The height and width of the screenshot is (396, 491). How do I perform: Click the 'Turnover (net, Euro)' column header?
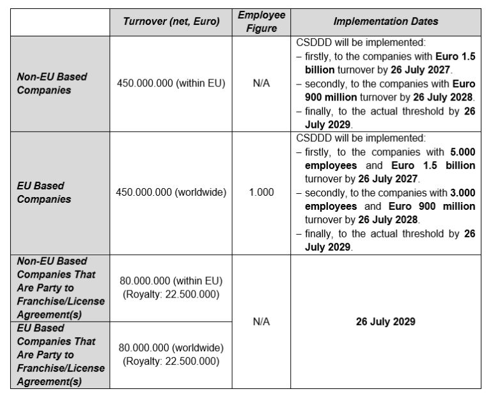(171, 21)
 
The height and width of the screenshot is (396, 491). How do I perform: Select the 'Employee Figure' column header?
(261, 21)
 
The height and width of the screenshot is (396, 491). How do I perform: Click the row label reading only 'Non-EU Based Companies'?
(52, 83)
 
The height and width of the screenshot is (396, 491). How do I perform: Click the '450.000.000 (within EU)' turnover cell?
(171, 83)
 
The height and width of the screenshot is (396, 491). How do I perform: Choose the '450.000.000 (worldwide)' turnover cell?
(171, 192)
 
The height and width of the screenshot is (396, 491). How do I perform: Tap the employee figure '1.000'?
(261, 192)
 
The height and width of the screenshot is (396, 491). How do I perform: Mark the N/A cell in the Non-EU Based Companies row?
(261, 83)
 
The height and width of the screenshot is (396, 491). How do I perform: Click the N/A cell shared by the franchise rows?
(261, 322)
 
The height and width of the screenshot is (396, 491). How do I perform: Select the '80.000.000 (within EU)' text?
(171, 281)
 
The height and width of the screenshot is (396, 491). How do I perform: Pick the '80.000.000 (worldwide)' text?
(171, 347)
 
